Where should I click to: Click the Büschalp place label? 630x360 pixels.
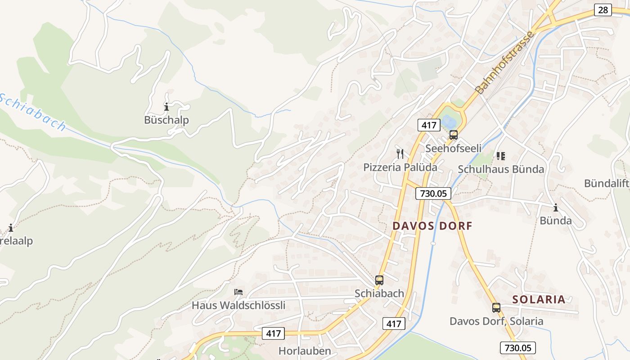pyautogui.click(x=166, y=120)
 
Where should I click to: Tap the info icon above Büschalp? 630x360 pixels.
pyautogui.click(x=166, y=107)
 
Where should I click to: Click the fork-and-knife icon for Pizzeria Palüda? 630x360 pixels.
pyautogui.click(x=400, y=154)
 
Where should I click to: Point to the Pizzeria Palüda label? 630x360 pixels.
pyautogui.click(x=400, y=167)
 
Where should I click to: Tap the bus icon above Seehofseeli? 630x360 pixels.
pyautogui.click(x=453, y=135)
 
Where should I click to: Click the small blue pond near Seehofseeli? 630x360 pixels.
pyautogui.click(x=448, y=121)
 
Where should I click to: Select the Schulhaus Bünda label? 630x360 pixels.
pyautogui.click(x=501, y=169)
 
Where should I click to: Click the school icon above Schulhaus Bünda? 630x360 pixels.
pyautogui.click(x=500, y=156)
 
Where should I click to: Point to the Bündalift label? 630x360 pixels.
pyautogui.click(x=606, y=183)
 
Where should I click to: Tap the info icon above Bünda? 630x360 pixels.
pyautogui.click(x=556, y=207)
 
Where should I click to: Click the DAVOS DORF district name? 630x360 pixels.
pyautogui.click(x=432, y=226)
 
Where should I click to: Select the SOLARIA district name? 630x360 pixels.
pyautogui.click(x=539, y=299)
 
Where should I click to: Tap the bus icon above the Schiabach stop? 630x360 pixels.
pyautogui.click(x=379, y=280)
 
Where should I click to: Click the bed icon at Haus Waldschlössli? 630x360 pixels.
pyautogui.click(x=238, y=292)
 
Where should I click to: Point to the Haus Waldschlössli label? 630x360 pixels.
pyautogui.click(x=238, y=305)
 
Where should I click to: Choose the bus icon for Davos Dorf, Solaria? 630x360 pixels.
pyautogui.click(x=496, y=308)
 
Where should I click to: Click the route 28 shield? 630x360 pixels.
pyautogui.click(x=603, y=10)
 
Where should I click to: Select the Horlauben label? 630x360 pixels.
pyautogui.click(x=305, y=351)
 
